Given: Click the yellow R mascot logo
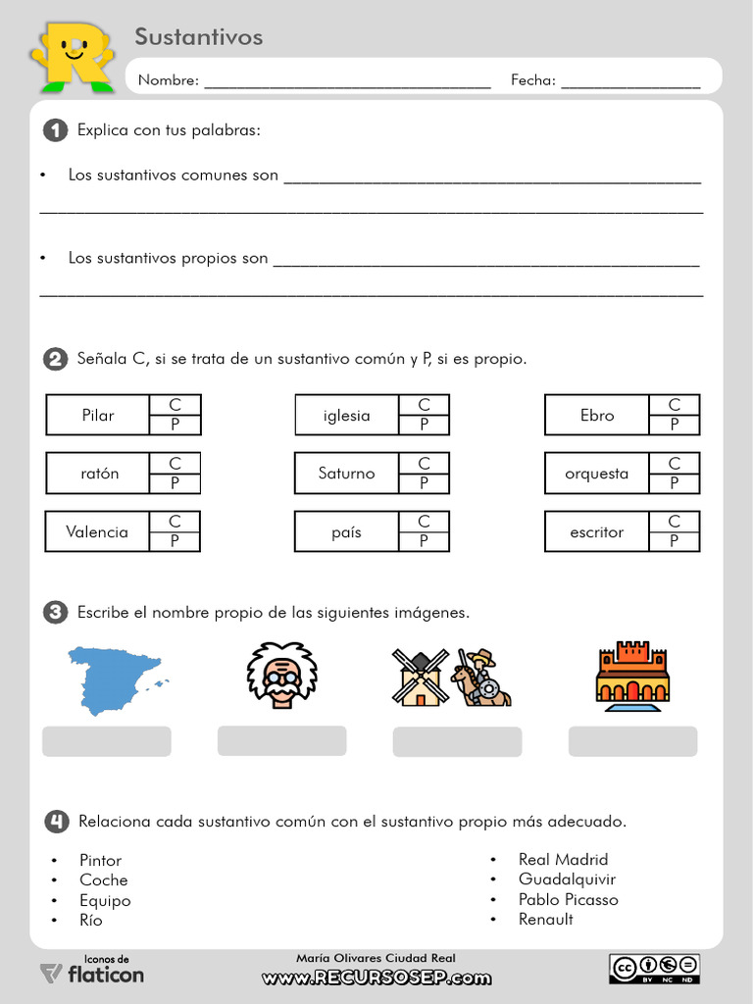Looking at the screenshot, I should tap(74, 56).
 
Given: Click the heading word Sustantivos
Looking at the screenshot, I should tap(198, 37).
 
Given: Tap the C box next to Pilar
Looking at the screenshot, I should tap(175, 405).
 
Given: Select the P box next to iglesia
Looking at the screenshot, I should tap(424, 425).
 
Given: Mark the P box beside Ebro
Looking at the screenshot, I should tap(674, 425).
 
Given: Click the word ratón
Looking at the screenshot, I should tap(99, 474).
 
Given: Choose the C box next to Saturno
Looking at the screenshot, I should tap(424, 463).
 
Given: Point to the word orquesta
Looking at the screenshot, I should tap(596, 474).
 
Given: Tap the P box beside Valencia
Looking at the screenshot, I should tap(175, 541).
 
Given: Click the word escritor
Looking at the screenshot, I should tap(596, 532).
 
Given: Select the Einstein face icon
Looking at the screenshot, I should tap(281, 675).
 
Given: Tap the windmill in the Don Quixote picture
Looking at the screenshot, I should tap(420, 677).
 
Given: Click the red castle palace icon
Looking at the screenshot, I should tap(632, 675).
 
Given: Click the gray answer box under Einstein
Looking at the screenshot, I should tap(281, 740).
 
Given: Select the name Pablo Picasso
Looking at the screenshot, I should tap(568, 899).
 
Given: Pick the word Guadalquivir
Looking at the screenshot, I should tap(567, 879).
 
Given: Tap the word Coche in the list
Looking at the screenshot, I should tap(103, 880).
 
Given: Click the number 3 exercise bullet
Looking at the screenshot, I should tap(56, 613).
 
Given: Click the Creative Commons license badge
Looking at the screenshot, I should tap(655, 969).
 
